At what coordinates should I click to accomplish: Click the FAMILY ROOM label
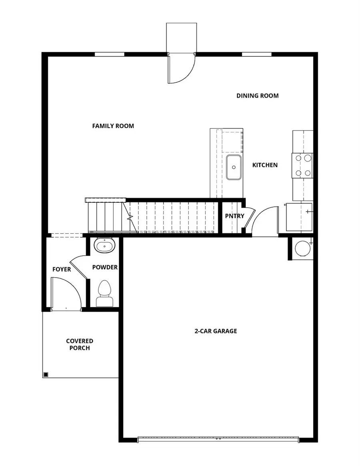point(113,126)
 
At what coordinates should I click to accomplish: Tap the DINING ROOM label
point(257,96)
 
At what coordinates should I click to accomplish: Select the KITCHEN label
point(265,165)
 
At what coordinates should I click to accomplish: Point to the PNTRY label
point(234,216)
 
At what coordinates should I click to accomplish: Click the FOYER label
point(62,270)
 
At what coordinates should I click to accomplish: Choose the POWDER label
point(105,267)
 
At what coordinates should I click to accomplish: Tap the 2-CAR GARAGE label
point(216,331)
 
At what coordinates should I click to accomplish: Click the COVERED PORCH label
point(80,344)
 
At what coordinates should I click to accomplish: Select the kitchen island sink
point(233,168)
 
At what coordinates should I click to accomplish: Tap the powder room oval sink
point(105,245)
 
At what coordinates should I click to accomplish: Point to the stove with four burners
point(303,166)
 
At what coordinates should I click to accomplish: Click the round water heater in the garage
point(302,248)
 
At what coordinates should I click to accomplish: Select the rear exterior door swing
point(181,69)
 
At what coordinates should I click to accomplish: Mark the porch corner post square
point(46,374)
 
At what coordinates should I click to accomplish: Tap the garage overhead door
point(218,439)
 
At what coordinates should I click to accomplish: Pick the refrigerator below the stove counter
point(299,217)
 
